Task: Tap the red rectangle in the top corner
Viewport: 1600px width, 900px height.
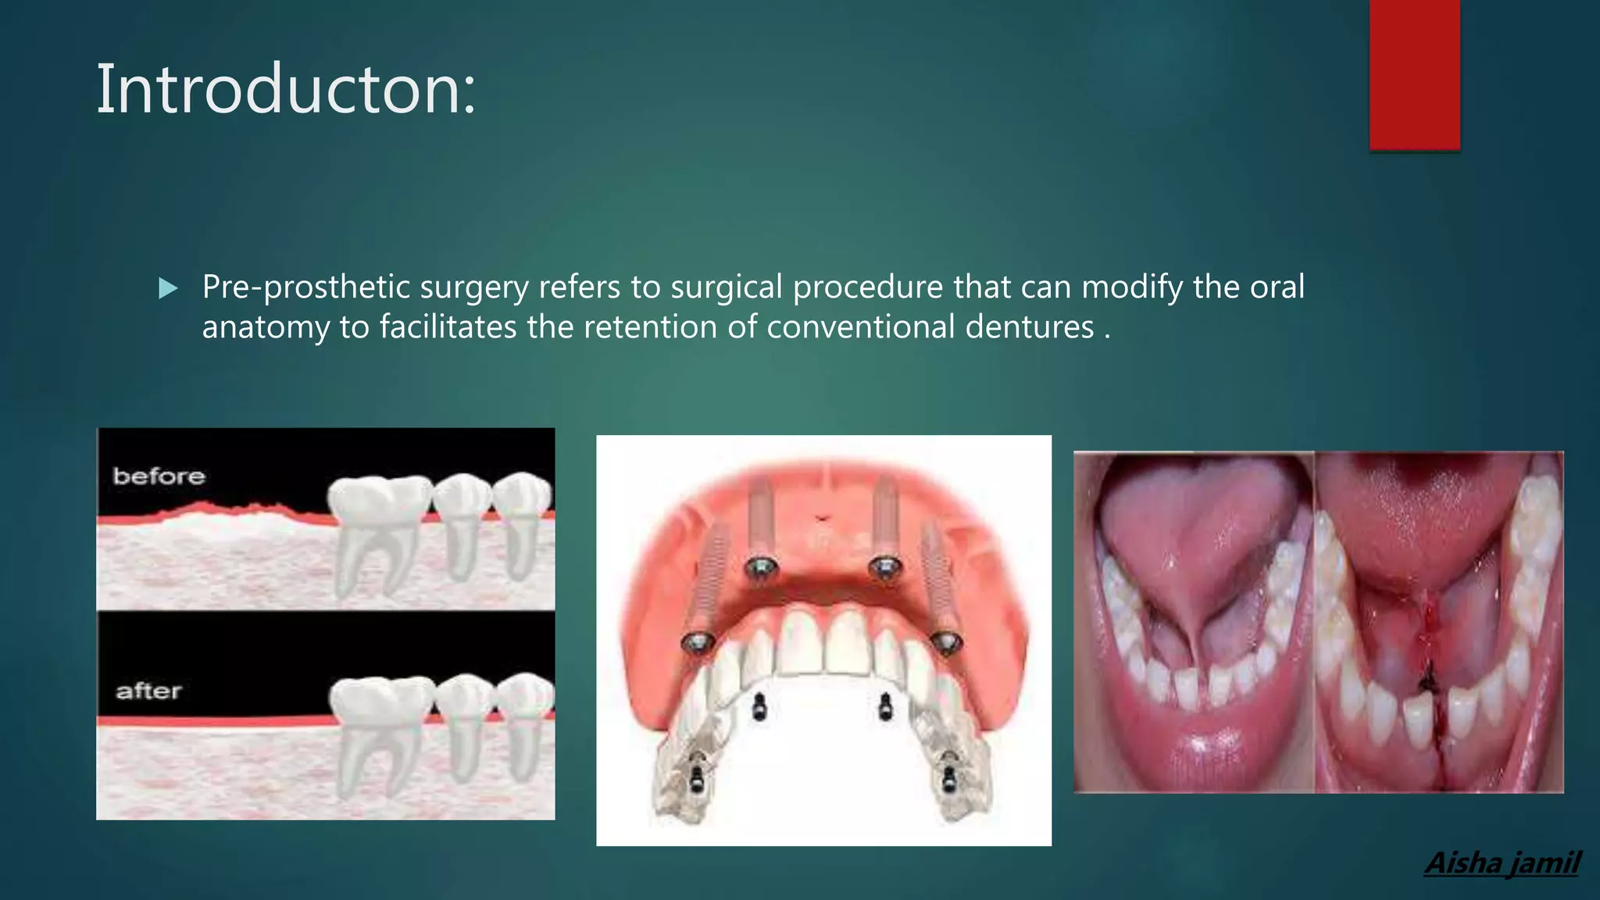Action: pos(1414,74)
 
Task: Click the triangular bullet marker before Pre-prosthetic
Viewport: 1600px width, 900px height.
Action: pos(167,289)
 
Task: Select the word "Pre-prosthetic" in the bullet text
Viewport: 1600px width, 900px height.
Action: pos(306,287)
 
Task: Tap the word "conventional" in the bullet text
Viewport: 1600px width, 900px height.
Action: pos(860,327)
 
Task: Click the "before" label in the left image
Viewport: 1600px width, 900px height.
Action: pos(159,476)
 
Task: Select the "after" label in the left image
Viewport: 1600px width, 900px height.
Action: pos(148,691)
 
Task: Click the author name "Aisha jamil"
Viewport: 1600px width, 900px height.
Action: pos(1502,863)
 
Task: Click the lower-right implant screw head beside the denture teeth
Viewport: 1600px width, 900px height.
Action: pos(947,642)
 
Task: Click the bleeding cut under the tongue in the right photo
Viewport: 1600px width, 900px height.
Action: pos(1430,641)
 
